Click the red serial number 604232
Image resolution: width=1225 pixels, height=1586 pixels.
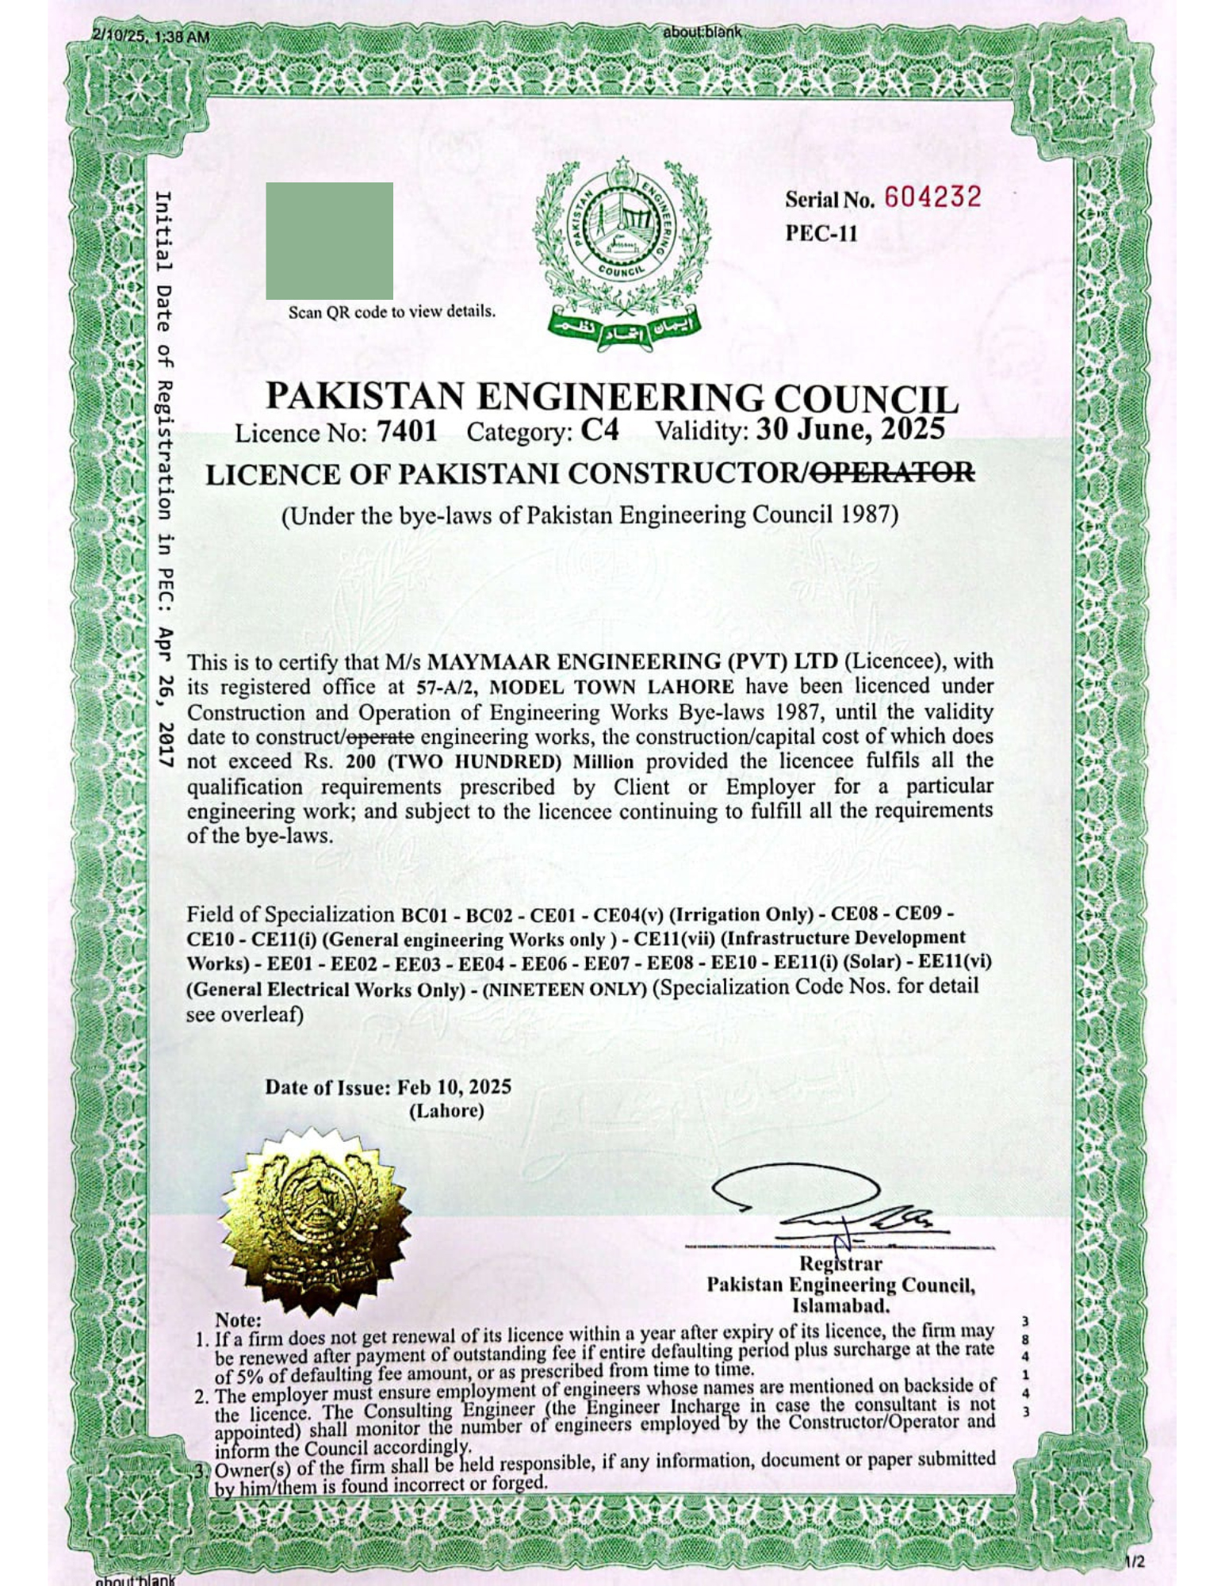[x=932, y=197]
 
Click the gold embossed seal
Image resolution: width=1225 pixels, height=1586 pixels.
[x=316, y=1223]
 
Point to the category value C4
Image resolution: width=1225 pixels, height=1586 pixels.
[x=599, y=431]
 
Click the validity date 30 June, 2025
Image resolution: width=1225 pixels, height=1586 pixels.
[x=850, y=429]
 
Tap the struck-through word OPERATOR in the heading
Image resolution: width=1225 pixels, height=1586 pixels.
[x=894, y=473]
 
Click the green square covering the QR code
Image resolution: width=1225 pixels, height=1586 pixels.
[x=329, y=240]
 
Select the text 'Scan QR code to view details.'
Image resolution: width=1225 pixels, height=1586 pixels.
[x=392, y=312]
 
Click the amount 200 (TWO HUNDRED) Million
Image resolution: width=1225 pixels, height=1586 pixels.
[x=489, y=763]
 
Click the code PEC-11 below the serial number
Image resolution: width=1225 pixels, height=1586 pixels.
[x=821, y=233]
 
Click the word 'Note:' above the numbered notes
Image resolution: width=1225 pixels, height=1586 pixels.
[x=238, y=1320]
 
